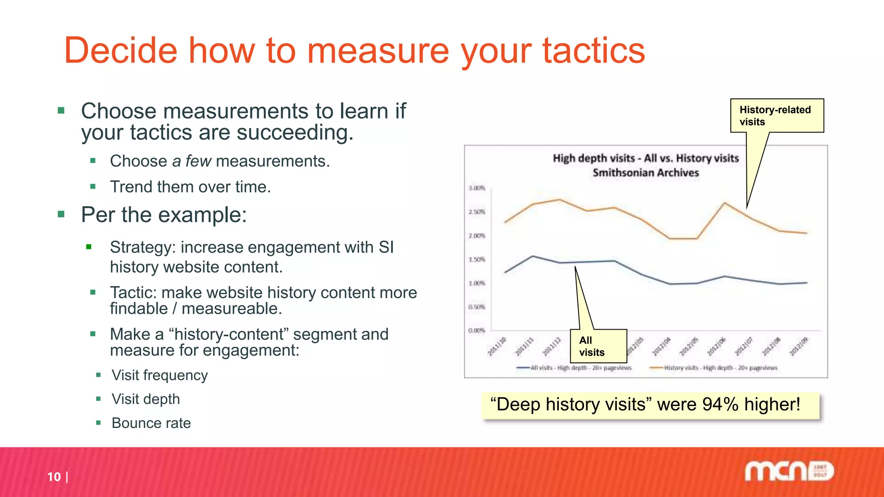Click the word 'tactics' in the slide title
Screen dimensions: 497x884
point(594,51)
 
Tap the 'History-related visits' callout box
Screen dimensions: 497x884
point(777,116)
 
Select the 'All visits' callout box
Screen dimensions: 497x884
point(598,346)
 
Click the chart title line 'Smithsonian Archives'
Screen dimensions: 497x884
point(645,173)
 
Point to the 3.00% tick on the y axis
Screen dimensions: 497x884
point(477,188)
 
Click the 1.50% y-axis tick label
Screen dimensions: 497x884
point(477,259)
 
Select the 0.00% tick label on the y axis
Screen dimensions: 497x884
point(477,330)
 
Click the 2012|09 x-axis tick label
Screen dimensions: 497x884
point(799,346)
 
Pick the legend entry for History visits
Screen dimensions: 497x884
point(720,368)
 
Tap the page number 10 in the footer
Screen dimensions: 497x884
point(54,477)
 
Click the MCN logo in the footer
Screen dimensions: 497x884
point(789,471)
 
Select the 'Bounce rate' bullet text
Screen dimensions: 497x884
point(151,423)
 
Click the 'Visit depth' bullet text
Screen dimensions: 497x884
point(145,399)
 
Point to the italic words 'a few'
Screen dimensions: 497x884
point(191,161)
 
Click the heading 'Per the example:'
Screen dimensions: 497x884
point(164,215)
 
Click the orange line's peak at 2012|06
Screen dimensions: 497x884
point(725,202)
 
